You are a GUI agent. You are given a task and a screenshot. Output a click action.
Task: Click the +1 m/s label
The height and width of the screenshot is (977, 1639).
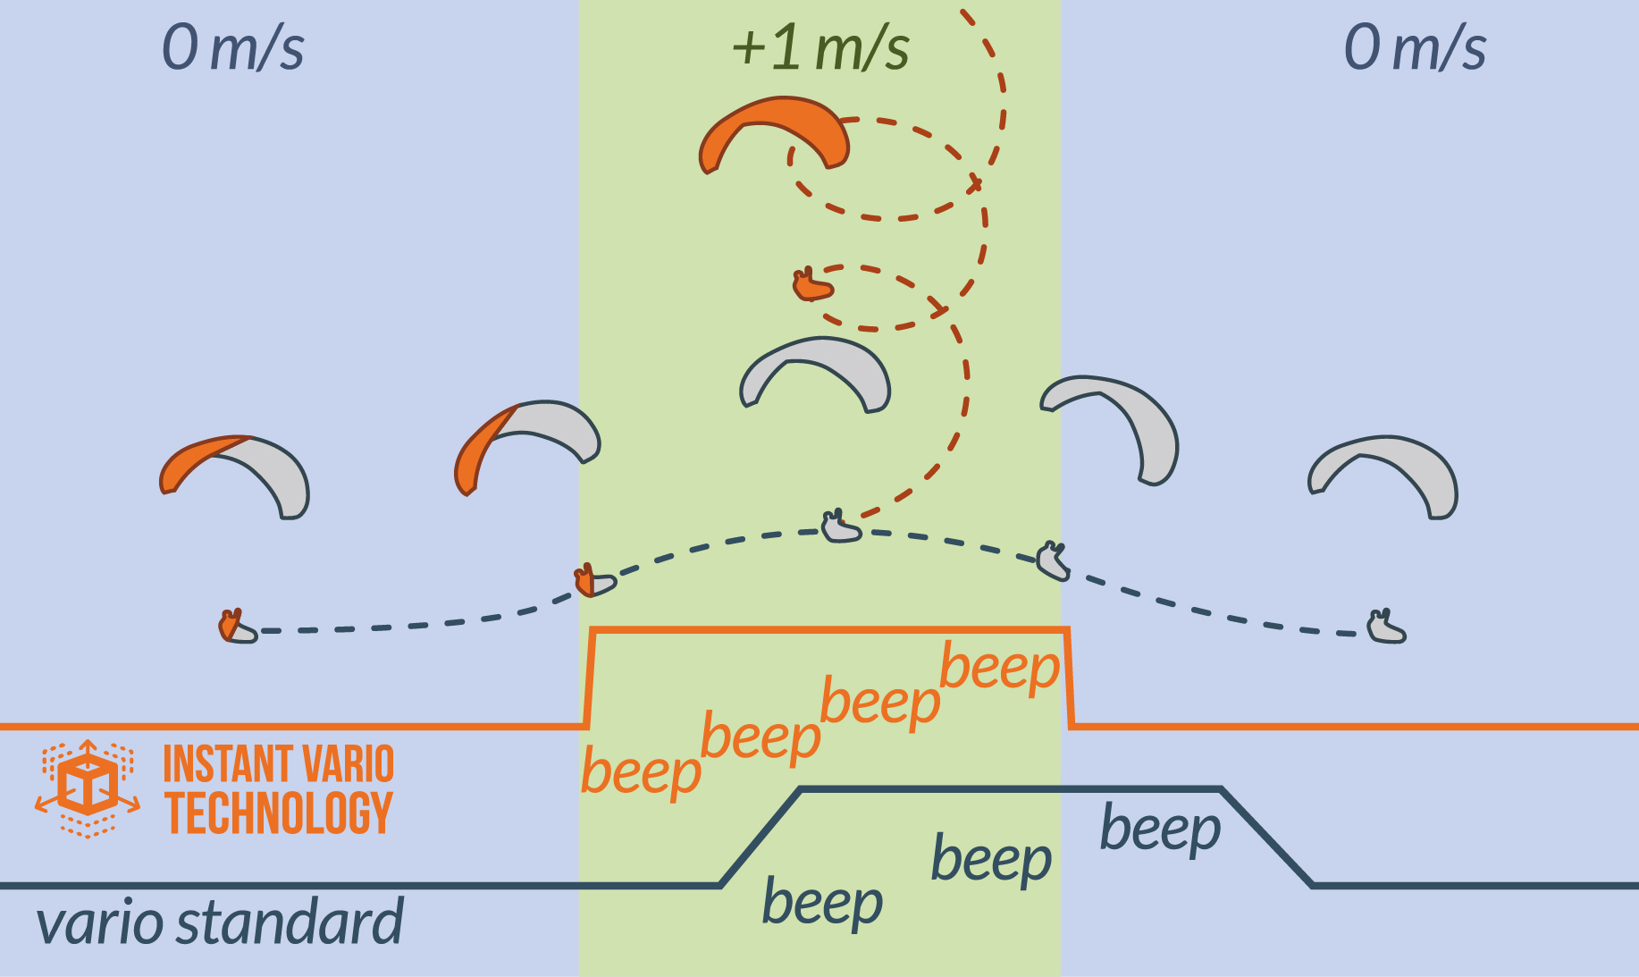pyautogui.click(x=820, y=48)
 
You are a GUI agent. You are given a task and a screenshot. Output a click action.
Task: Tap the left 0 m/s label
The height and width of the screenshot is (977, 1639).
pyautogui.click(x=232, y=48)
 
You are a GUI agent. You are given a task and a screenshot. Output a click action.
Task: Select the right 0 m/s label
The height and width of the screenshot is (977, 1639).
pyautogui.click(x=1415, y=48)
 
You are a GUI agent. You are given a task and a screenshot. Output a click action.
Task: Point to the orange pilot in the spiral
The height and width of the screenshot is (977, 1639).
pyautogui.click(x=812, y=286)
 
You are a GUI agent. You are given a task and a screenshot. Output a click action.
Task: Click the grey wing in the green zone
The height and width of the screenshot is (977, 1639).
pyautogui.click(x=816, y=371)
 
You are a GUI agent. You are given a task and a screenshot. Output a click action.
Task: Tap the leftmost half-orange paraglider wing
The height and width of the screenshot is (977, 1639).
pyautogui.click(x=235, y=474)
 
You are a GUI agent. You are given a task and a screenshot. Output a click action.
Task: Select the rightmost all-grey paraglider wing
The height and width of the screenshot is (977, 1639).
pyautogui.click(x=1383, y=474)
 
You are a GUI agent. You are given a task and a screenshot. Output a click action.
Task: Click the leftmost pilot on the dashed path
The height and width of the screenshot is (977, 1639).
pyautogui.click(x=236, y=627)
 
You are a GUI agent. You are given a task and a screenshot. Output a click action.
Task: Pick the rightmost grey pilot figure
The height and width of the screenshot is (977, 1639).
pyautogui.click(x=1386, y=628)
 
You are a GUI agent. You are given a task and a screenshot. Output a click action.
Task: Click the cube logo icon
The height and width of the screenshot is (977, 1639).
pyautogui.click(x=88, y=787)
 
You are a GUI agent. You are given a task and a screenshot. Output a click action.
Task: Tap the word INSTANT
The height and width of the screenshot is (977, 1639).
pyautogui.click(x=217, y=765)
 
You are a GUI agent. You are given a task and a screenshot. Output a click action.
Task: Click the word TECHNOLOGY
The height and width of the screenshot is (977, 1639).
pyautogui.click(x=279, y=813)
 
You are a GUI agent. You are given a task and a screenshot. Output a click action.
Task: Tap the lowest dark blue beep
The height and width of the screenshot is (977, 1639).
pyautogui.click(x=822, y=903)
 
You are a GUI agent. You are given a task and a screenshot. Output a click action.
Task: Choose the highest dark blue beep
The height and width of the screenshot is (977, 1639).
pyautogui.click(x=1160, y=830)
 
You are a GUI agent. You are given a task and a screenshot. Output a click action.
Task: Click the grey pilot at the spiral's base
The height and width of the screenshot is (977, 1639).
pyautogui.click(x=840, y=528)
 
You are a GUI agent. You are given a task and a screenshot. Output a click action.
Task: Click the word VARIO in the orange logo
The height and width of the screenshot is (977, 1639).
pyautogui.click(x=347, y=765)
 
